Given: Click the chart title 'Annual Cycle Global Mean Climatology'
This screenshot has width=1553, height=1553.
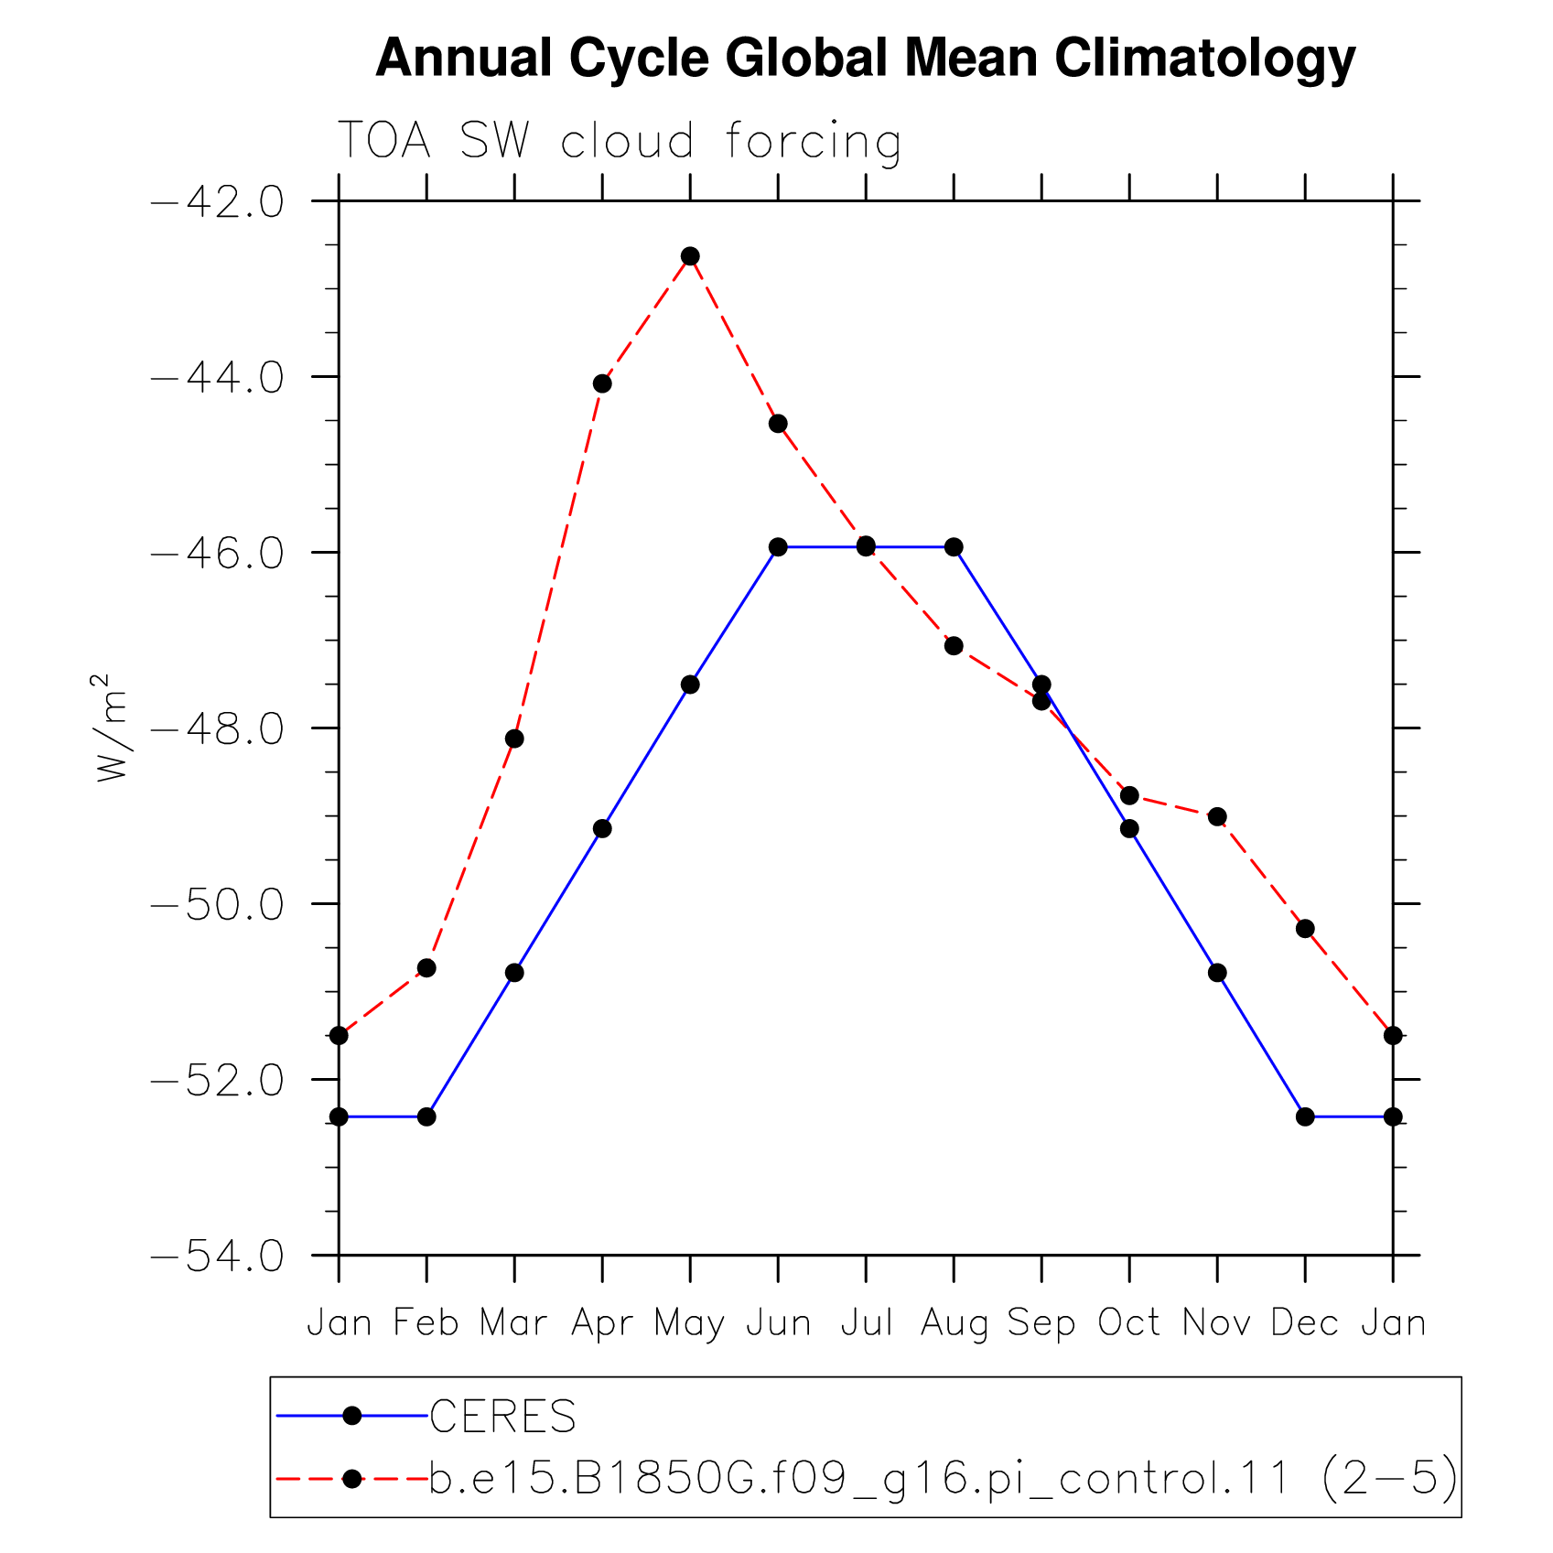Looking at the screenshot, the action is coord(865,59).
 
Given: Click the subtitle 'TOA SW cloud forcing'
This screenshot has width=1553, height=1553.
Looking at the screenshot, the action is coord(620,142).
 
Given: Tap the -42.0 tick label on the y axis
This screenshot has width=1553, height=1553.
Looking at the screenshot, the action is coord(216,201).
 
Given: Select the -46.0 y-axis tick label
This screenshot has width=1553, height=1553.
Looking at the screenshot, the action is coord(216,553).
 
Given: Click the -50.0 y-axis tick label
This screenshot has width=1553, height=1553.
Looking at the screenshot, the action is coord(216,904).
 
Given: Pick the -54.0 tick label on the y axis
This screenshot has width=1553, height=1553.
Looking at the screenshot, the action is coord(216,1256).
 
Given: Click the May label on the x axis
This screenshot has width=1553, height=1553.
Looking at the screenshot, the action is coord(689,1324).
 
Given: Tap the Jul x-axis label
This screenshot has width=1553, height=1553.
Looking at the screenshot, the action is coord(866,1322).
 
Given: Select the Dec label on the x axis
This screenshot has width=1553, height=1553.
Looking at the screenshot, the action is coord(1305,1322).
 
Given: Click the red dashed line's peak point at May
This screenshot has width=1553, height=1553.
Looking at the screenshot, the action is coord(690,256).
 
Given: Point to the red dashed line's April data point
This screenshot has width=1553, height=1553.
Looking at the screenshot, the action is coord(602,383).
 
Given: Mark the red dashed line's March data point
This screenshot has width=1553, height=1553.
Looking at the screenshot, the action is coord(514,739).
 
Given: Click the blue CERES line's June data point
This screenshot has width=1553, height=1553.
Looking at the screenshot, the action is coord(778,547).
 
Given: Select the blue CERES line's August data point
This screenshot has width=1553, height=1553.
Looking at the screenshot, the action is coord(954,547).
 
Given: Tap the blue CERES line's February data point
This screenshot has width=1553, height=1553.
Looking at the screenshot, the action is coord(426,1116).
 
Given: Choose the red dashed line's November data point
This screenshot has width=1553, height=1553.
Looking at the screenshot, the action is coord(1217,816).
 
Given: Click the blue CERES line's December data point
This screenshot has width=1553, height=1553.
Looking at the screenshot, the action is coord(1305,1116).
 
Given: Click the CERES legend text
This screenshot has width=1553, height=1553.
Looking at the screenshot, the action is coord(502,1416).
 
